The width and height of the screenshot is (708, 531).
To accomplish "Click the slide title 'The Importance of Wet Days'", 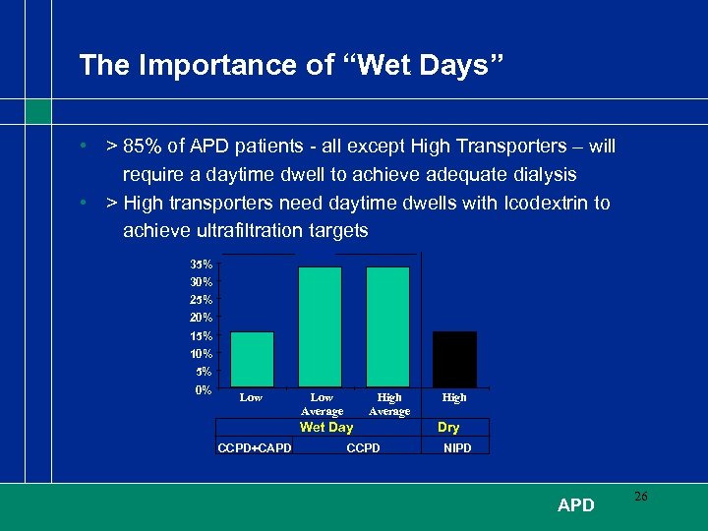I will pos(291,65).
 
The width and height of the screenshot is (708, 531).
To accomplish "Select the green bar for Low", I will pos(252,359).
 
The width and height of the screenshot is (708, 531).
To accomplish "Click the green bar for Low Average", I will pos(320,326).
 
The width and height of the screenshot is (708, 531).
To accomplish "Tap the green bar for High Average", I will pos(387,326).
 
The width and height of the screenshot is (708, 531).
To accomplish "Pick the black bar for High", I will pos(454,359).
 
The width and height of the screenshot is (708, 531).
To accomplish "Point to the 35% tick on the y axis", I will pos(202,264).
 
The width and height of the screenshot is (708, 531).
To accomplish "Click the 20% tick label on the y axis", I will pos(202,318).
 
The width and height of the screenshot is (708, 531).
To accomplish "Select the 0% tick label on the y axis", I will pos(204,390).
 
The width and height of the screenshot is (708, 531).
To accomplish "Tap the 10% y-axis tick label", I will pos(202,354).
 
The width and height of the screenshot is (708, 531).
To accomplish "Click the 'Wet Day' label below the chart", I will pos(325,428).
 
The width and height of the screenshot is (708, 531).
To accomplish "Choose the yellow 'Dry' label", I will pos(448,428).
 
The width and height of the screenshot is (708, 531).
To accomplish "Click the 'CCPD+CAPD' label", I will pos(253,448).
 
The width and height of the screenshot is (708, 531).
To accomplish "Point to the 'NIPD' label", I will pos(457,448).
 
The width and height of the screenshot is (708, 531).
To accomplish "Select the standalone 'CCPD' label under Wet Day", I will pos(364,448).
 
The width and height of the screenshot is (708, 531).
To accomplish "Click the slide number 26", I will pos(640,498).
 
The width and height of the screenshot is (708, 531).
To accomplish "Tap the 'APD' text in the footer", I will pos(575,505).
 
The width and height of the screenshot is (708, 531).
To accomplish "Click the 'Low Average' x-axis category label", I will pos(322,404).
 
